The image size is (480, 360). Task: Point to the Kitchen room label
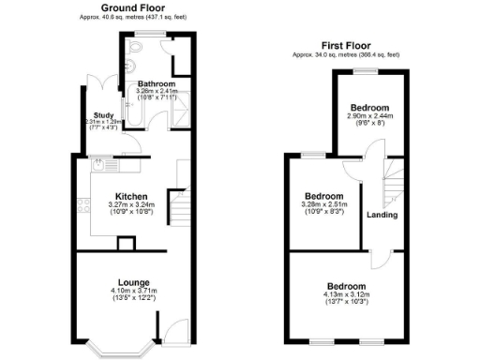point(130,196)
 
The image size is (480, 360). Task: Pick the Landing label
point(382,215)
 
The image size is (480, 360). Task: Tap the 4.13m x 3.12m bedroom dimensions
point(346,294)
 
